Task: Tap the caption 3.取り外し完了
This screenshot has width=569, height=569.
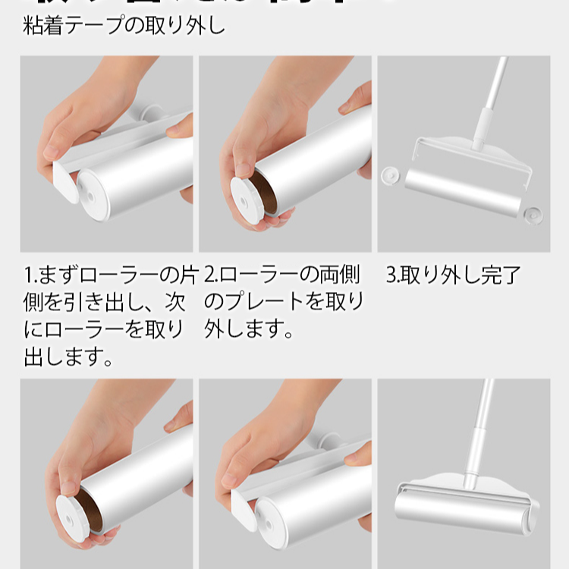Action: point(453,275)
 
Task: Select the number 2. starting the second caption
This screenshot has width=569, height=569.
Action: point(212,275)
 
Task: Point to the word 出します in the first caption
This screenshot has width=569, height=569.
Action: point(69,357)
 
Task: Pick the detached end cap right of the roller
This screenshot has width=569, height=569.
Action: point(532,214)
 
